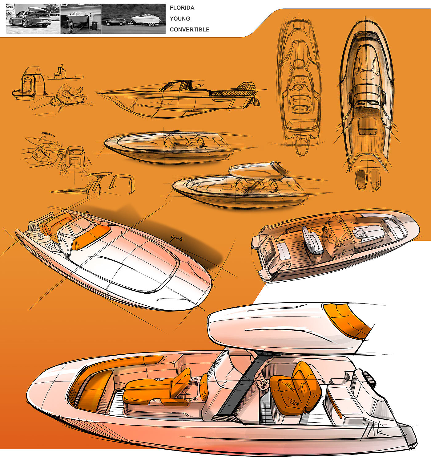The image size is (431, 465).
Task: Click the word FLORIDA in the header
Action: tap(182, 8)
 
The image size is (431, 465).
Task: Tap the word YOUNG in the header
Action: tap(180, 18)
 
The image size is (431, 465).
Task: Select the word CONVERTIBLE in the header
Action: tap(189, 30)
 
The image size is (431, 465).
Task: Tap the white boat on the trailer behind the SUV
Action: tap(145, 19)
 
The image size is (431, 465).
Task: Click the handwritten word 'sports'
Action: tap(177, 238)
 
